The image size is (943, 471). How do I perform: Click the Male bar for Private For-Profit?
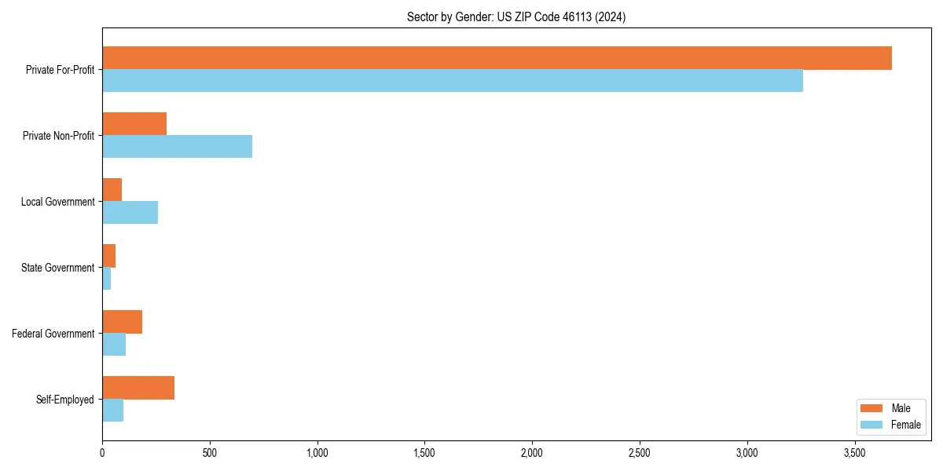497,58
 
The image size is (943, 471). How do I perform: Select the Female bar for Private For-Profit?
453,81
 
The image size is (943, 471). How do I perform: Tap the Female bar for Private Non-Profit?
177,147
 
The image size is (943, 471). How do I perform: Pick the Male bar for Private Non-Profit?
134,124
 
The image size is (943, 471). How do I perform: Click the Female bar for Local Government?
130,213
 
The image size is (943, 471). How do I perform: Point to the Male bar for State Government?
109,256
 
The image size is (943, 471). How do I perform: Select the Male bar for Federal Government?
122,322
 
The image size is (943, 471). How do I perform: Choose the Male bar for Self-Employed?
138,388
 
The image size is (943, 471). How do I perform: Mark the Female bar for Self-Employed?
112,411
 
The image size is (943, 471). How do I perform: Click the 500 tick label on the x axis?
210,453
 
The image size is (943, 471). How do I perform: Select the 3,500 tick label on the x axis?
855,453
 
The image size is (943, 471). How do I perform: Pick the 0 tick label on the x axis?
102,453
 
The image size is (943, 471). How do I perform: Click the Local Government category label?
57,202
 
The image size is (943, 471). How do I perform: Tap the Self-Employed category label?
64,400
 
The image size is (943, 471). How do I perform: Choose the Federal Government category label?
53,334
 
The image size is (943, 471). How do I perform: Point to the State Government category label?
57,268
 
